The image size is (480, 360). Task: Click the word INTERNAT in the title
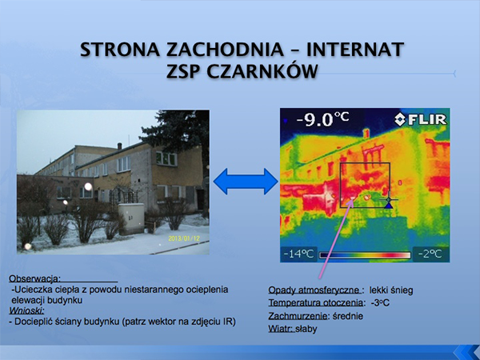click(x=355, y=50)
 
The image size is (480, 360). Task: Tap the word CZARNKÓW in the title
click(x=262, y=72)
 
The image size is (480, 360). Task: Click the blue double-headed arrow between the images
click(x=246, y=182)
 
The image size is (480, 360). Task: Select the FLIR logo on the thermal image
click(x=420, y=119)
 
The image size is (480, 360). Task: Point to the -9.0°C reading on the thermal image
click(x=322, y=118)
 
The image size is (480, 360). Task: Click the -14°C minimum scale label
click(x=298, y=254)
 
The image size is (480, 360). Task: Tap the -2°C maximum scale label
click(x=430, y=254)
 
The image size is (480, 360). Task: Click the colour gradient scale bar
click(x=365, y=255)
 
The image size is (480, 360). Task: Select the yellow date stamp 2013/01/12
click(x=184, y=238)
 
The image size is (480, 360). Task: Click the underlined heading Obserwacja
click(x=34, y=278)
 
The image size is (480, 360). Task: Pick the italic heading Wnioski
click(x=26, y=310)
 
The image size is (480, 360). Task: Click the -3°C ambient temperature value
click(x=380, y=302)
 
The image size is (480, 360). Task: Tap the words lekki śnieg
click(x=391, y=290)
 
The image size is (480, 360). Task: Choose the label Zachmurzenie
click(x=298, y=316)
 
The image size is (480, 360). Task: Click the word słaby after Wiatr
click(x=306, y=329)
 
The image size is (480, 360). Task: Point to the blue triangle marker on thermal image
click(x=389, y=205)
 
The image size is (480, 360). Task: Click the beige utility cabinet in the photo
click(x=131, y=219)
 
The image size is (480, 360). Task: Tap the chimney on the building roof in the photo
click(x=119, y=146)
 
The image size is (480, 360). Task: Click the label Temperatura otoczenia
click(x=317, y=302)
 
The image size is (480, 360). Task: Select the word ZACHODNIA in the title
click(x=225, y=50)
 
